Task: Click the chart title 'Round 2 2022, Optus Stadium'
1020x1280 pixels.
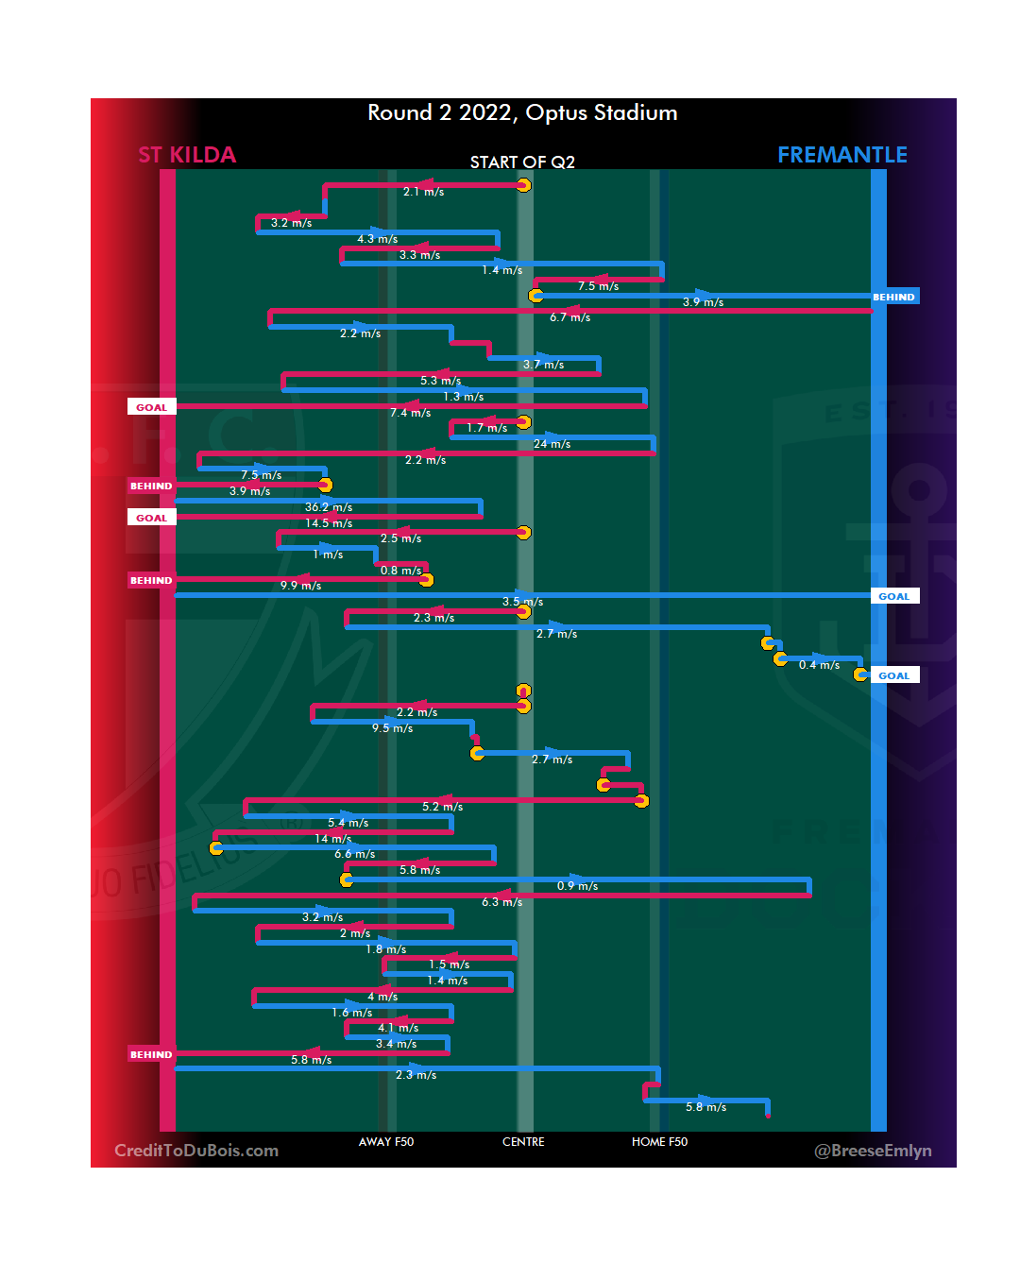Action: [522, 113]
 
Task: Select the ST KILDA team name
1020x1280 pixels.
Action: [187, 155]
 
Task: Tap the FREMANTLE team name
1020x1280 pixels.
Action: [841, 155]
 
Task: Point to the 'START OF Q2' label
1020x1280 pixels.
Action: [522, 162]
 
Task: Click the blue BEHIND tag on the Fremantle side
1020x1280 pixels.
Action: [893, 297]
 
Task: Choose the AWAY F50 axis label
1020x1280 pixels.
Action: [386, 1142]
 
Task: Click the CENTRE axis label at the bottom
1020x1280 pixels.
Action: [523, 1142]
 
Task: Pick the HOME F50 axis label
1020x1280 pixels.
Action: [659, 1142]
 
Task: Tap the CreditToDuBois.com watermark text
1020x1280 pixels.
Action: [196, 1151]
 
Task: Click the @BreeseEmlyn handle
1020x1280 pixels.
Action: [873, 1151]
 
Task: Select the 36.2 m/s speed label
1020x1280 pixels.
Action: [329, 507]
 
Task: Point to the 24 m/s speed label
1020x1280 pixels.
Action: [552, 444]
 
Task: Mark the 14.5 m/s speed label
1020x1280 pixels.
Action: [329, 523]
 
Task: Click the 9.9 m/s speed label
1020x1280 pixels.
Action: [300, 586]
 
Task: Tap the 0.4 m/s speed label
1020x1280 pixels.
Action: [819, 665]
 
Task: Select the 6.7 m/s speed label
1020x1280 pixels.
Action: [569, 317]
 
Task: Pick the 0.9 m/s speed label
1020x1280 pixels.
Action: [577, 886]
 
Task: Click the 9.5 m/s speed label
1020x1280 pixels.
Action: [392, 728]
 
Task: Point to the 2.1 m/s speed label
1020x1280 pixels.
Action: [423, 192]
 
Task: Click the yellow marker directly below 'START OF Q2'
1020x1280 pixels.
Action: [523, 185]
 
